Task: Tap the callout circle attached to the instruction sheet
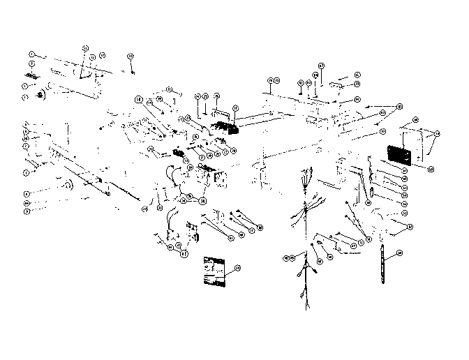point(237,267)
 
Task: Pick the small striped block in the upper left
point(31,75)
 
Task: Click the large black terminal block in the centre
point(225,128)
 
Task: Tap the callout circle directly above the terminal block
point(234,108)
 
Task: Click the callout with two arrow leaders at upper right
point(399,106)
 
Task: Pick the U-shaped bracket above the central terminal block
point(222,110)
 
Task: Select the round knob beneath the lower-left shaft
point(68,185)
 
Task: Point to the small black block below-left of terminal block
point(179,153)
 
